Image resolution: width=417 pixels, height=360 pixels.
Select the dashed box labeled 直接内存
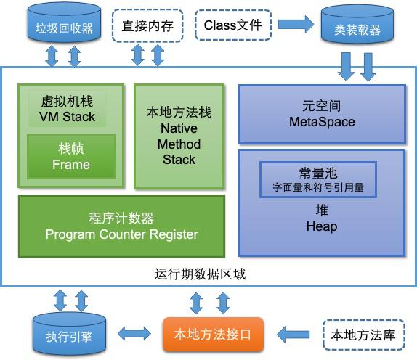coord(147,27)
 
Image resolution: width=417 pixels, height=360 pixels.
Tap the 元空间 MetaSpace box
coord(322,114)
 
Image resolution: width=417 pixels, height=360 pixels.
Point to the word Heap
coord(322,227)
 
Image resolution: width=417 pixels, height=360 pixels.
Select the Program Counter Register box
coord(121,226)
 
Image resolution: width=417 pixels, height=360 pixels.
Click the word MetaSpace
coord(322,122)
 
